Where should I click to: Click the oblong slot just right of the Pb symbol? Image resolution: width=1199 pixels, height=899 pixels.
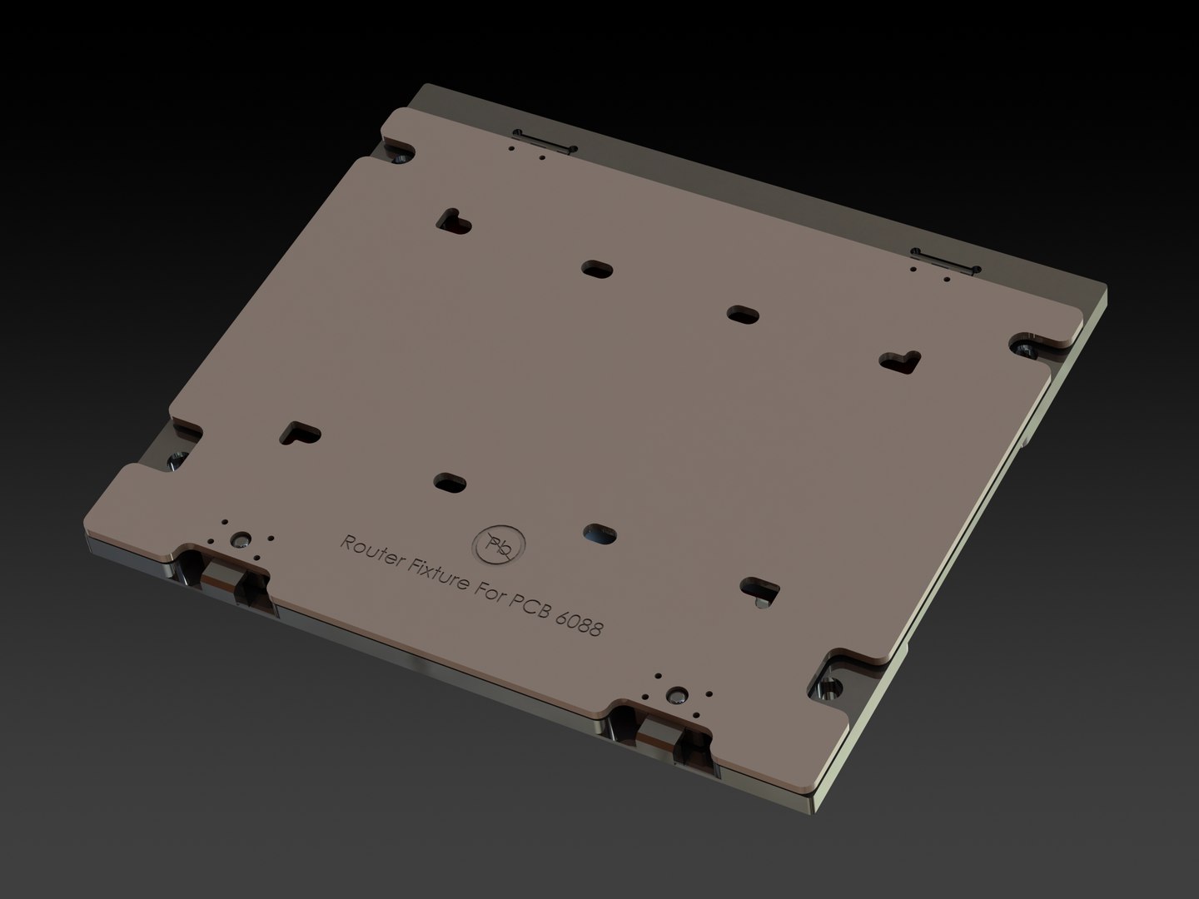tap(598, 533)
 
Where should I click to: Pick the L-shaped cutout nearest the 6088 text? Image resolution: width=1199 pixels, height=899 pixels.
tap(759, 589)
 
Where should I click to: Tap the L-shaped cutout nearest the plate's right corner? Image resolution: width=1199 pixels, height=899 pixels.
tap(900, 360)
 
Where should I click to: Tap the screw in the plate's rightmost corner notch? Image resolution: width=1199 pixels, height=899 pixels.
tap(1024, 345)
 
